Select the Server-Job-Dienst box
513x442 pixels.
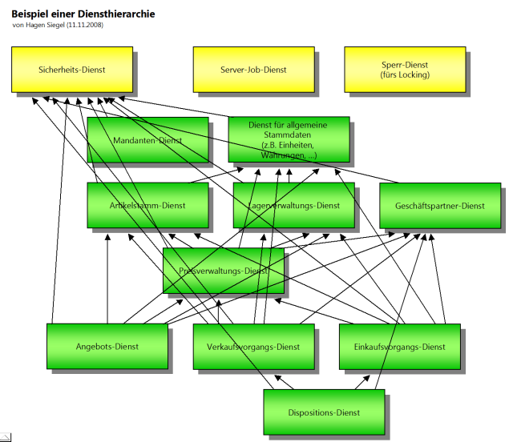pyautogui.click(x=253, y=70)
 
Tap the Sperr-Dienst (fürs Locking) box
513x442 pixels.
pyautogui.click(x=405, y=70)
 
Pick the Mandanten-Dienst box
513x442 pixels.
pyautogui.click(x=147, y=140)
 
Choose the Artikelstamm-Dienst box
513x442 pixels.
pyautogui.click(x=147, y=206)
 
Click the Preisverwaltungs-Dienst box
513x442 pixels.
pyautogui.click(x=223, y=271)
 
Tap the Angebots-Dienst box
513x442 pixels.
pyautogui.click(x=107, y=347)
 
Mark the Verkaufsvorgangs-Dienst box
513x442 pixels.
pyautogui.click(x=253, y=347)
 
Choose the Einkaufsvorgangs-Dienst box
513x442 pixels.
pyautogui.click(x=399, y=347)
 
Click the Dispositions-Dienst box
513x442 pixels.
pyautogui.click(x=324, y=412)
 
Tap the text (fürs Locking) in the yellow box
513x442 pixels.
pyautogui.click(x=405, y=74)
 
